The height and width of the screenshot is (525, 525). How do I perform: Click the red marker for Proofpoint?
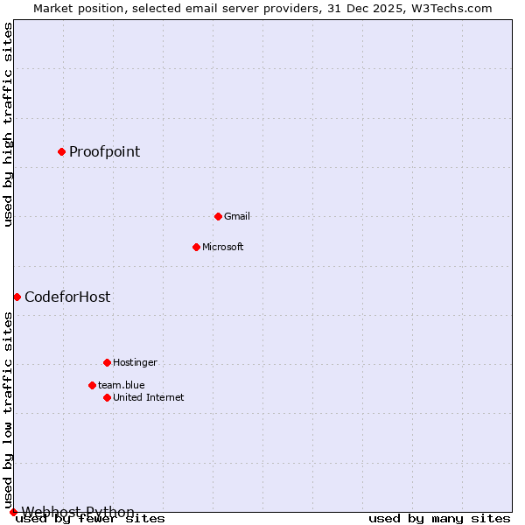(x=61, y=151)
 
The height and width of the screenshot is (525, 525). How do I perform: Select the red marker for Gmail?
(x=218, y=216)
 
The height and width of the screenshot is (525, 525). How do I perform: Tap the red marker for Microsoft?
(x=196, y=247)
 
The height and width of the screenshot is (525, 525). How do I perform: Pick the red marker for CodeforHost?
(x=17, y=297)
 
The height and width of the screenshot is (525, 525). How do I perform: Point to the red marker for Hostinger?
(x=107, y=362)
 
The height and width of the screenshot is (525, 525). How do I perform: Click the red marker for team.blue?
(x=92, y=385)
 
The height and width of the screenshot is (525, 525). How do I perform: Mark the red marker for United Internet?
(x=107, y=397)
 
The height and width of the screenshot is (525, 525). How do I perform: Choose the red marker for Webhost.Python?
(x=13, y=512)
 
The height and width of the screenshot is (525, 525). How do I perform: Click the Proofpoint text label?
(x=104, y=151)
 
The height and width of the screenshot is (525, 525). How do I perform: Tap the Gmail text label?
(x=236, y=216)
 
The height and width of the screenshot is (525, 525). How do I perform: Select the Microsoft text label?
(x=222, y=247)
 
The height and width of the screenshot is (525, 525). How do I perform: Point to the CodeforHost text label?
(x=67, y=297)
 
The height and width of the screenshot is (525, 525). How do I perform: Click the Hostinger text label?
(x=135, y=362)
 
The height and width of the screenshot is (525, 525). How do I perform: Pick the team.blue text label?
(x=121, y=385)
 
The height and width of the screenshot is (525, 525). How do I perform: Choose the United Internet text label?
(x=148, y=397)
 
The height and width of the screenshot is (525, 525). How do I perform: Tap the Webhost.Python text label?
(x=78, y=512)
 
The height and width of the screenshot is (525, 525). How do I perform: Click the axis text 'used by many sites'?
(x=439, y=519)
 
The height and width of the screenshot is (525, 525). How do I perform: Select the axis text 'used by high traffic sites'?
(x=8, y=124)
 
